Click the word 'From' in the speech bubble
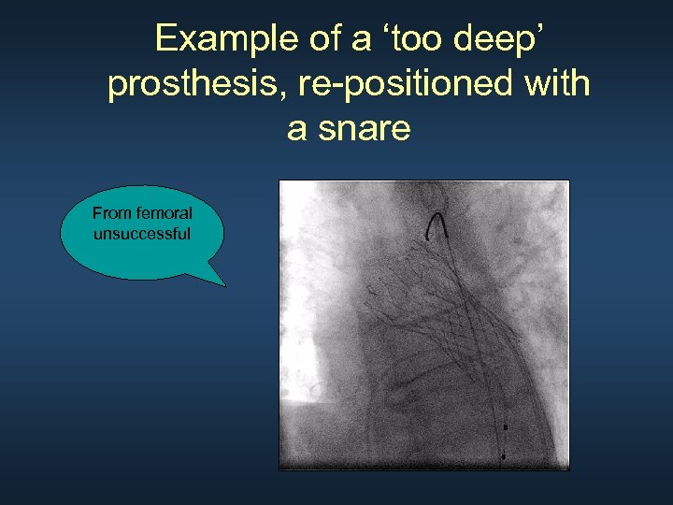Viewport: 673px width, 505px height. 110,213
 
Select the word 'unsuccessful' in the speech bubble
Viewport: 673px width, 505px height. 142,233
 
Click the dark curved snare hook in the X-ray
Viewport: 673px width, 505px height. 436,224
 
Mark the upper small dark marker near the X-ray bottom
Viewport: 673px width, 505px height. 506,426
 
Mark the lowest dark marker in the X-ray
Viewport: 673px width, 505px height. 503,456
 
